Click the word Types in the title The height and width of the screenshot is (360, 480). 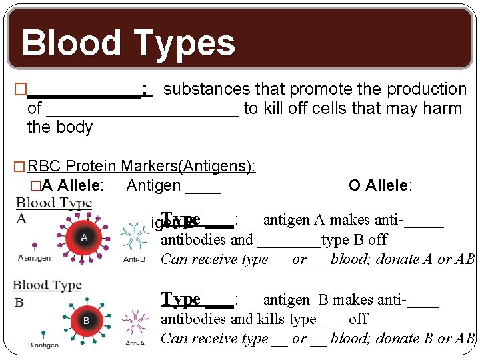pos(181,44)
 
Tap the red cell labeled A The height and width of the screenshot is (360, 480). pos(83,237)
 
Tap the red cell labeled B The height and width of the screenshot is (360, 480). pos(85,321)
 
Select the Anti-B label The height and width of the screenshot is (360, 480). pos(135,259)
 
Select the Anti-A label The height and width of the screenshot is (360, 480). pos(135,343)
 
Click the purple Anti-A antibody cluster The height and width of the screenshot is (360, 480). pos(135,321)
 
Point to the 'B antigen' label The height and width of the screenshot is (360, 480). pos(43,345)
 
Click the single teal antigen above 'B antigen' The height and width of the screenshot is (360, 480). pos(43,333)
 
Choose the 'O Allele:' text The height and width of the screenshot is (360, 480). pos(380,185)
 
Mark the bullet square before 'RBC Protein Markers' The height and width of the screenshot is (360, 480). pos(19,167)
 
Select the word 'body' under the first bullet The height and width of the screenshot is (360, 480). pos(77,127)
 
